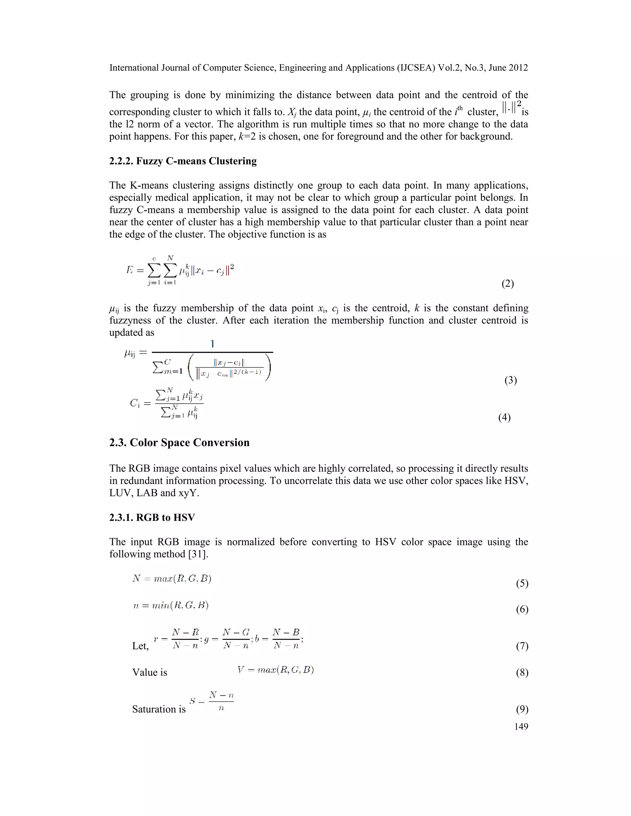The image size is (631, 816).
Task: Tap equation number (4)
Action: (504, 417)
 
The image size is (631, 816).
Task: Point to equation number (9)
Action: (522, 709)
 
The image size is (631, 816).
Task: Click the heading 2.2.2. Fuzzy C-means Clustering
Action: (183, 161)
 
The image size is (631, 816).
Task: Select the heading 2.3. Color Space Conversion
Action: (179, 442)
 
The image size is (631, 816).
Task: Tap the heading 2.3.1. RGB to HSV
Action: (152, 518)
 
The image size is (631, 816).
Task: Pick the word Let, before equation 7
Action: (140, 646)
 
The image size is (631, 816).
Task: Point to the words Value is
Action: (149, 673)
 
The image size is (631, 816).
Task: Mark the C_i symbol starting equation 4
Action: (135, 403)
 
